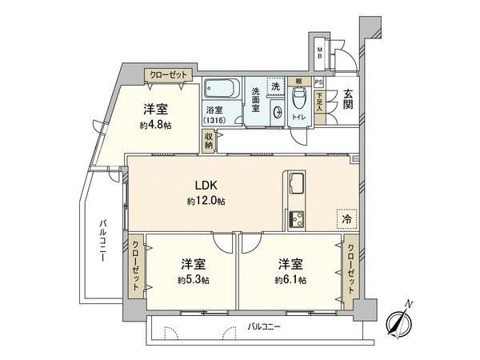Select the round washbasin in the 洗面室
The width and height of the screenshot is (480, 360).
(x=277, y=112)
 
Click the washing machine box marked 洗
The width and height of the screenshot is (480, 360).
(x=275, y=86)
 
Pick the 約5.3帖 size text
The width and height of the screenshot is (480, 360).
(x=194, y=280)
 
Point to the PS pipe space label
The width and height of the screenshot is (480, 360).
(x=318, y=82)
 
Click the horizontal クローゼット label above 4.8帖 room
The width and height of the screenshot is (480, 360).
(x=166, y=74)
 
